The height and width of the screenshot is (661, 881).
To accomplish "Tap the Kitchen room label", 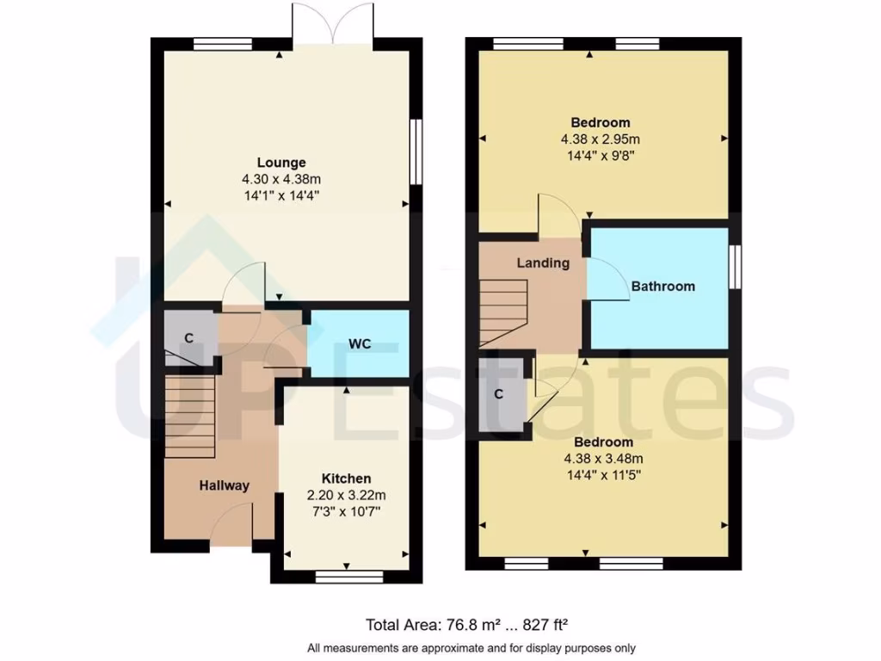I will pos(346,479).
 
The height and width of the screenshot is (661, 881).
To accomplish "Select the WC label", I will pos(360,344).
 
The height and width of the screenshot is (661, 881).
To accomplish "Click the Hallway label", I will pos(225,485).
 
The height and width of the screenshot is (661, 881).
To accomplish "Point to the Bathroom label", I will pos(662,287).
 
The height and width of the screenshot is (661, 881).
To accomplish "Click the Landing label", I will pos(543,263).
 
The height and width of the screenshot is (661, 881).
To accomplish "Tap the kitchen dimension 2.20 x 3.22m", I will pos(346,495).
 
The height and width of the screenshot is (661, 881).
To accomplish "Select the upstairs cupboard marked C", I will pos(499,394).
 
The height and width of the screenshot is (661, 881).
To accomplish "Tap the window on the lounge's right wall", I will pos(416,151).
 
